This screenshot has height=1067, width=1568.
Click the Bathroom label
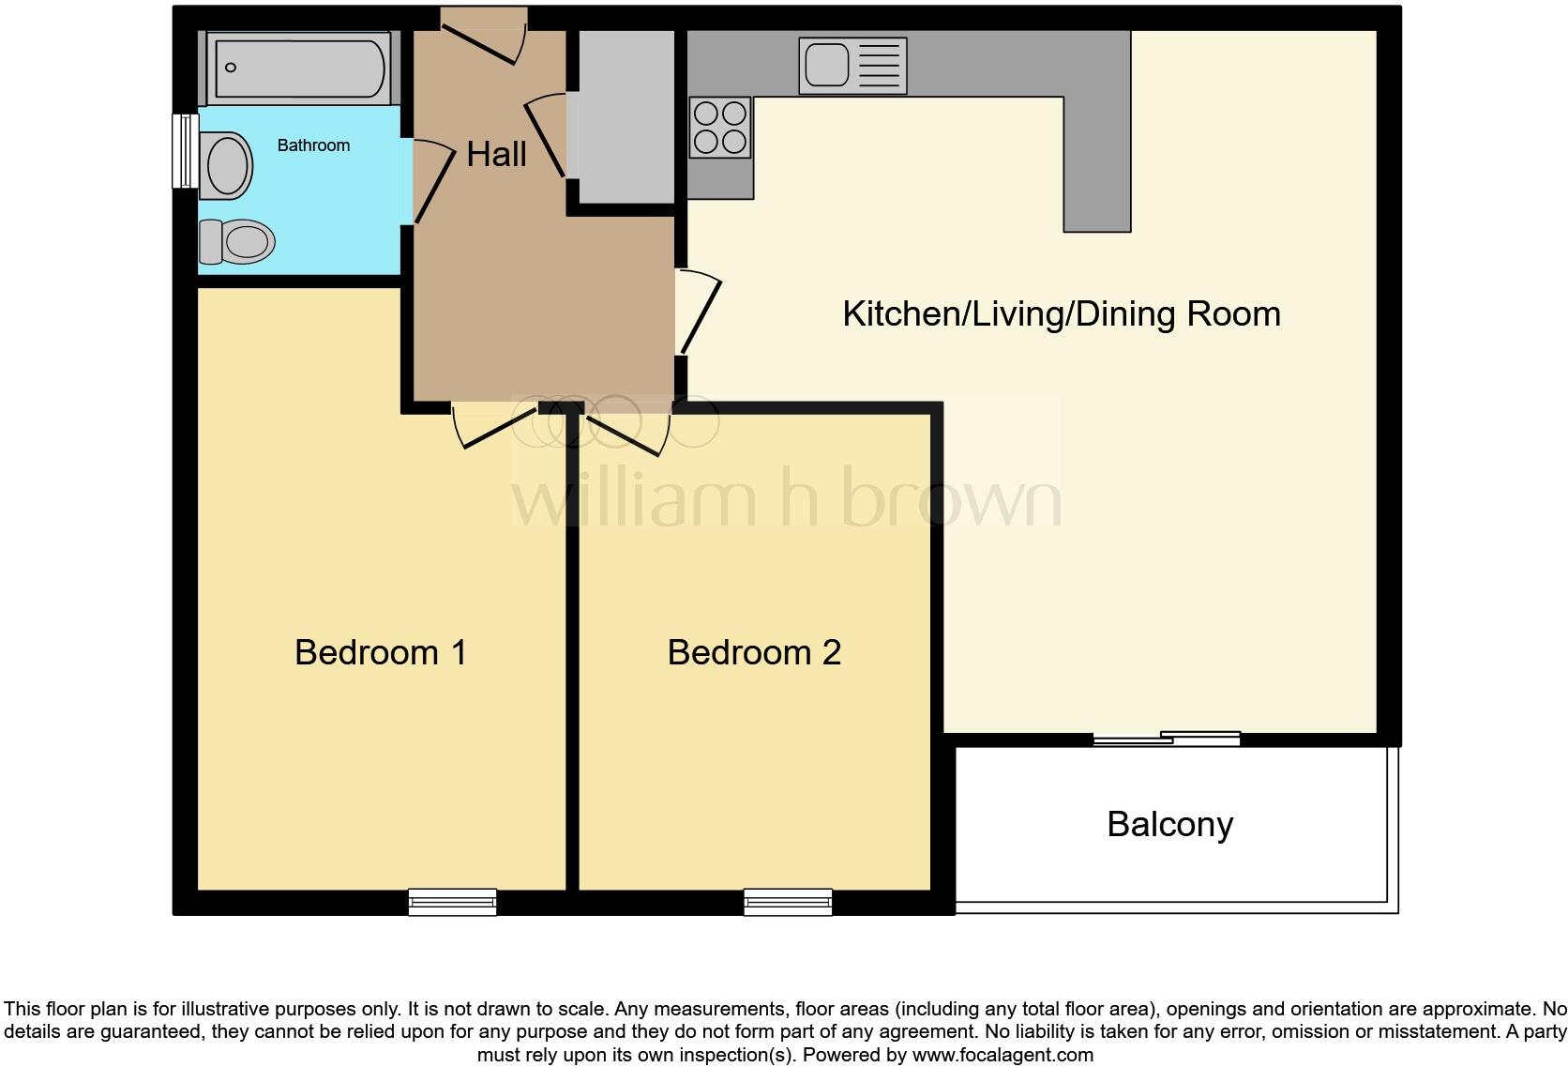(x=313, y=145)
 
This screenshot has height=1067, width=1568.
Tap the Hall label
(x=496, y=155)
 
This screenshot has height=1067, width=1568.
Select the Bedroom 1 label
(x=380, y=652)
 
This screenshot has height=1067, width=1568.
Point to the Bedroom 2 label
(x=754, y=652)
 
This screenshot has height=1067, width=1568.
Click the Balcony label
(x=1169, y=824)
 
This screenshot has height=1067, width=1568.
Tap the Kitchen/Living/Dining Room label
(x=1061, y=313)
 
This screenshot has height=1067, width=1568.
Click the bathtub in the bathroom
(x=299, y=68)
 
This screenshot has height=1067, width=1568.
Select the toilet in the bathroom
(x=237, y=242)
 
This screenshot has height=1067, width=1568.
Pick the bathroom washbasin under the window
(x=226, y=165)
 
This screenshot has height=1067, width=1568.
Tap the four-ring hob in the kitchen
(x=720, y=128)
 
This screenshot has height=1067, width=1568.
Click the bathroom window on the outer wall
(x=185, y=150)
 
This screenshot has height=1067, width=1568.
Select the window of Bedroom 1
(x=452, y=902)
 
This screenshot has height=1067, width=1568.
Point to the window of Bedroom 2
(x=788, y=902)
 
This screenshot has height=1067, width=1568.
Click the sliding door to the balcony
(x=1167, y=739)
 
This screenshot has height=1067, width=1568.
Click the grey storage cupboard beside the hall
(x=626, y=116)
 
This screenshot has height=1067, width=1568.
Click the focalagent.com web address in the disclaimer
(x=1003, y=1055)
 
